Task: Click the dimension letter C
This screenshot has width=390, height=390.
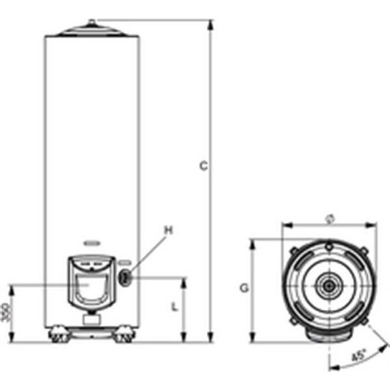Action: [204, 165]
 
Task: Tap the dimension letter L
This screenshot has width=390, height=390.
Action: [174, 306]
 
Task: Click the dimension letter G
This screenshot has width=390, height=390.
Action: [243, 288]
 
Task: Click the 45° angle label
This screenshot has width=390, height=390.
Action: [359, 354]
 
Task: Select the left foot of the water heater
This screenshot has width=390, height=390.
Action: [57, 335]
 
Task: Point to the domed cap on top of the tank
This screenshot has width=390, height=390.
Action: [92, 28]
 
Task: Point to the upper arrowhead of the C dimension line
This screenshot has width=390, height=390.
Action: [211, 23]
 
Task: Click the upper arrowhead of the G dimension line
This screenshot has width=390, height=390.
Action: [253, 243]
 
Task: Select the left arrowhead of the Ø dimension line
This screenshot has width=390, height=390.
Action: [285, 226]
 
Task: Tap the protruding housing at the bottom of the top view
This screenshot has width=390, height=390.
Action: [329, 333]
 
